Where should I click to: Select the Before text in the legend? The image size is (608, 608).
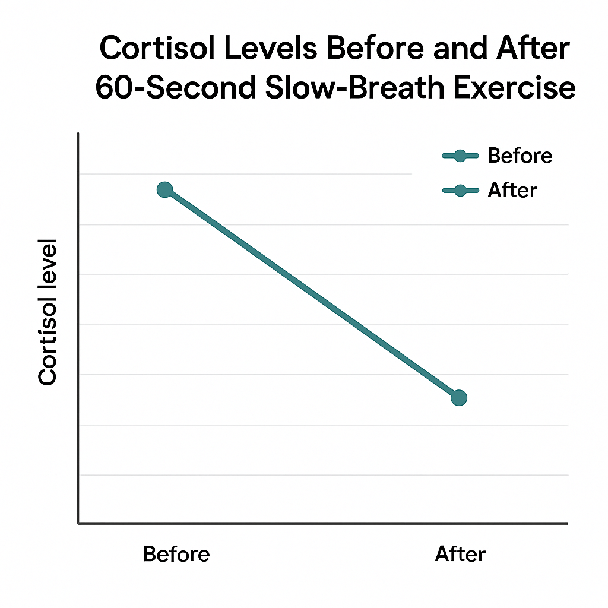point(520,156)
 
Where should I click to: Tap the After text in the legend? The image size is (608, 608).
point(512,190)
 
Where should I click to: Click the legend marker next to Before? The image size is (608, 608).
point(460,156)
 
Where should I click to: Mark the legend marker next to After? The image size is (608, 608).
point(460,191)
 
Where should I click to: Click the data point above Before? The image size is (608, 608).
point(164,189)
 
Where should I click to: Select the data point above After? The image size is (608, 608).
point(458,397)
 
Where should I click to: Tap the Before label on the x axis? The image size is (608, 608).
point(176,555)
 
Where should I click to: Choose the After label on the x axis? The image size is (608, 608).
point(460,555)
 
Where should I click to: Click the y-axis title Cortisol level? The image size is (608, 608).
point(47,312)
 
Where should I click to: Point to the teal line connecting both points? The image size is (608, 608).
point(312,293)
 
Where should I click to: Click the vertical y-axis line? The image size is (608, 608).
point(78,327)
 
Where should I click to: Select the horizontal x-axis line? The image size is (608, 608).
point(324,524)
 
